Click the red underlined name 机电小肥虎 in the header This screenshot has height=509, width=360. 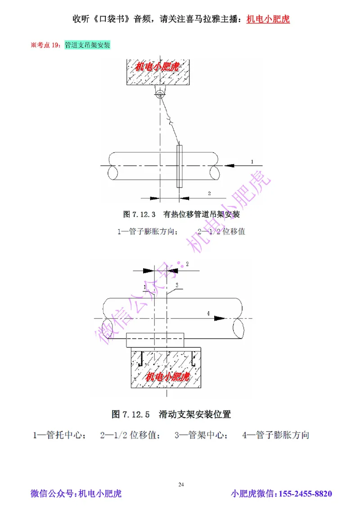pyautogui.click(x=268, y=19)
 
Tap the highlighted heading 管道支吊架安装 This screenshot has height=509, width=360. pyautogui.click(x=87, y=45)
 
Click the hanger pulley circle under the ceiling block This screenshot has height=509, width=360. pyautogui.click(x=159, y=93)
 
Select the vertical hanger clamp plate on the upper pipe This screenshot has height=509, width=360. pyautogui.click(x=180, y=166)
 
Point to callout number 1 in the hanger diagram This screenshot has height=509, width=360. pyautogui.click(x=252, y=161)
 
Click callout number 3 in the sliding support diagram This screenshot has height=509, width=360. pyautogui.click(x=177, y=285)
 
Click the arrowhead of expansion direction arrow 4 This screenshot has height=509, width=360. pyautogui.click(x=220, y=318)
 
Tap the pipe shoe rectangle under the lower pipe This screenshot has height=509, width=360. pyautogui.click(x=155, y=340)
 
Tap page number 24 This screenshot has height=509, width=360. pyautogui.click(x=181, y=484)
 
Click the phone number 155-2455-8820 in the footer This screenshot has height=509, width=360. pyautogui.click(x=306, y=494)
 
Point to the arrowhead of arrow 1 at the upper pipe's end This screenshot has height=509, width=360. pyautogui.click(x=229, y=166)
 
